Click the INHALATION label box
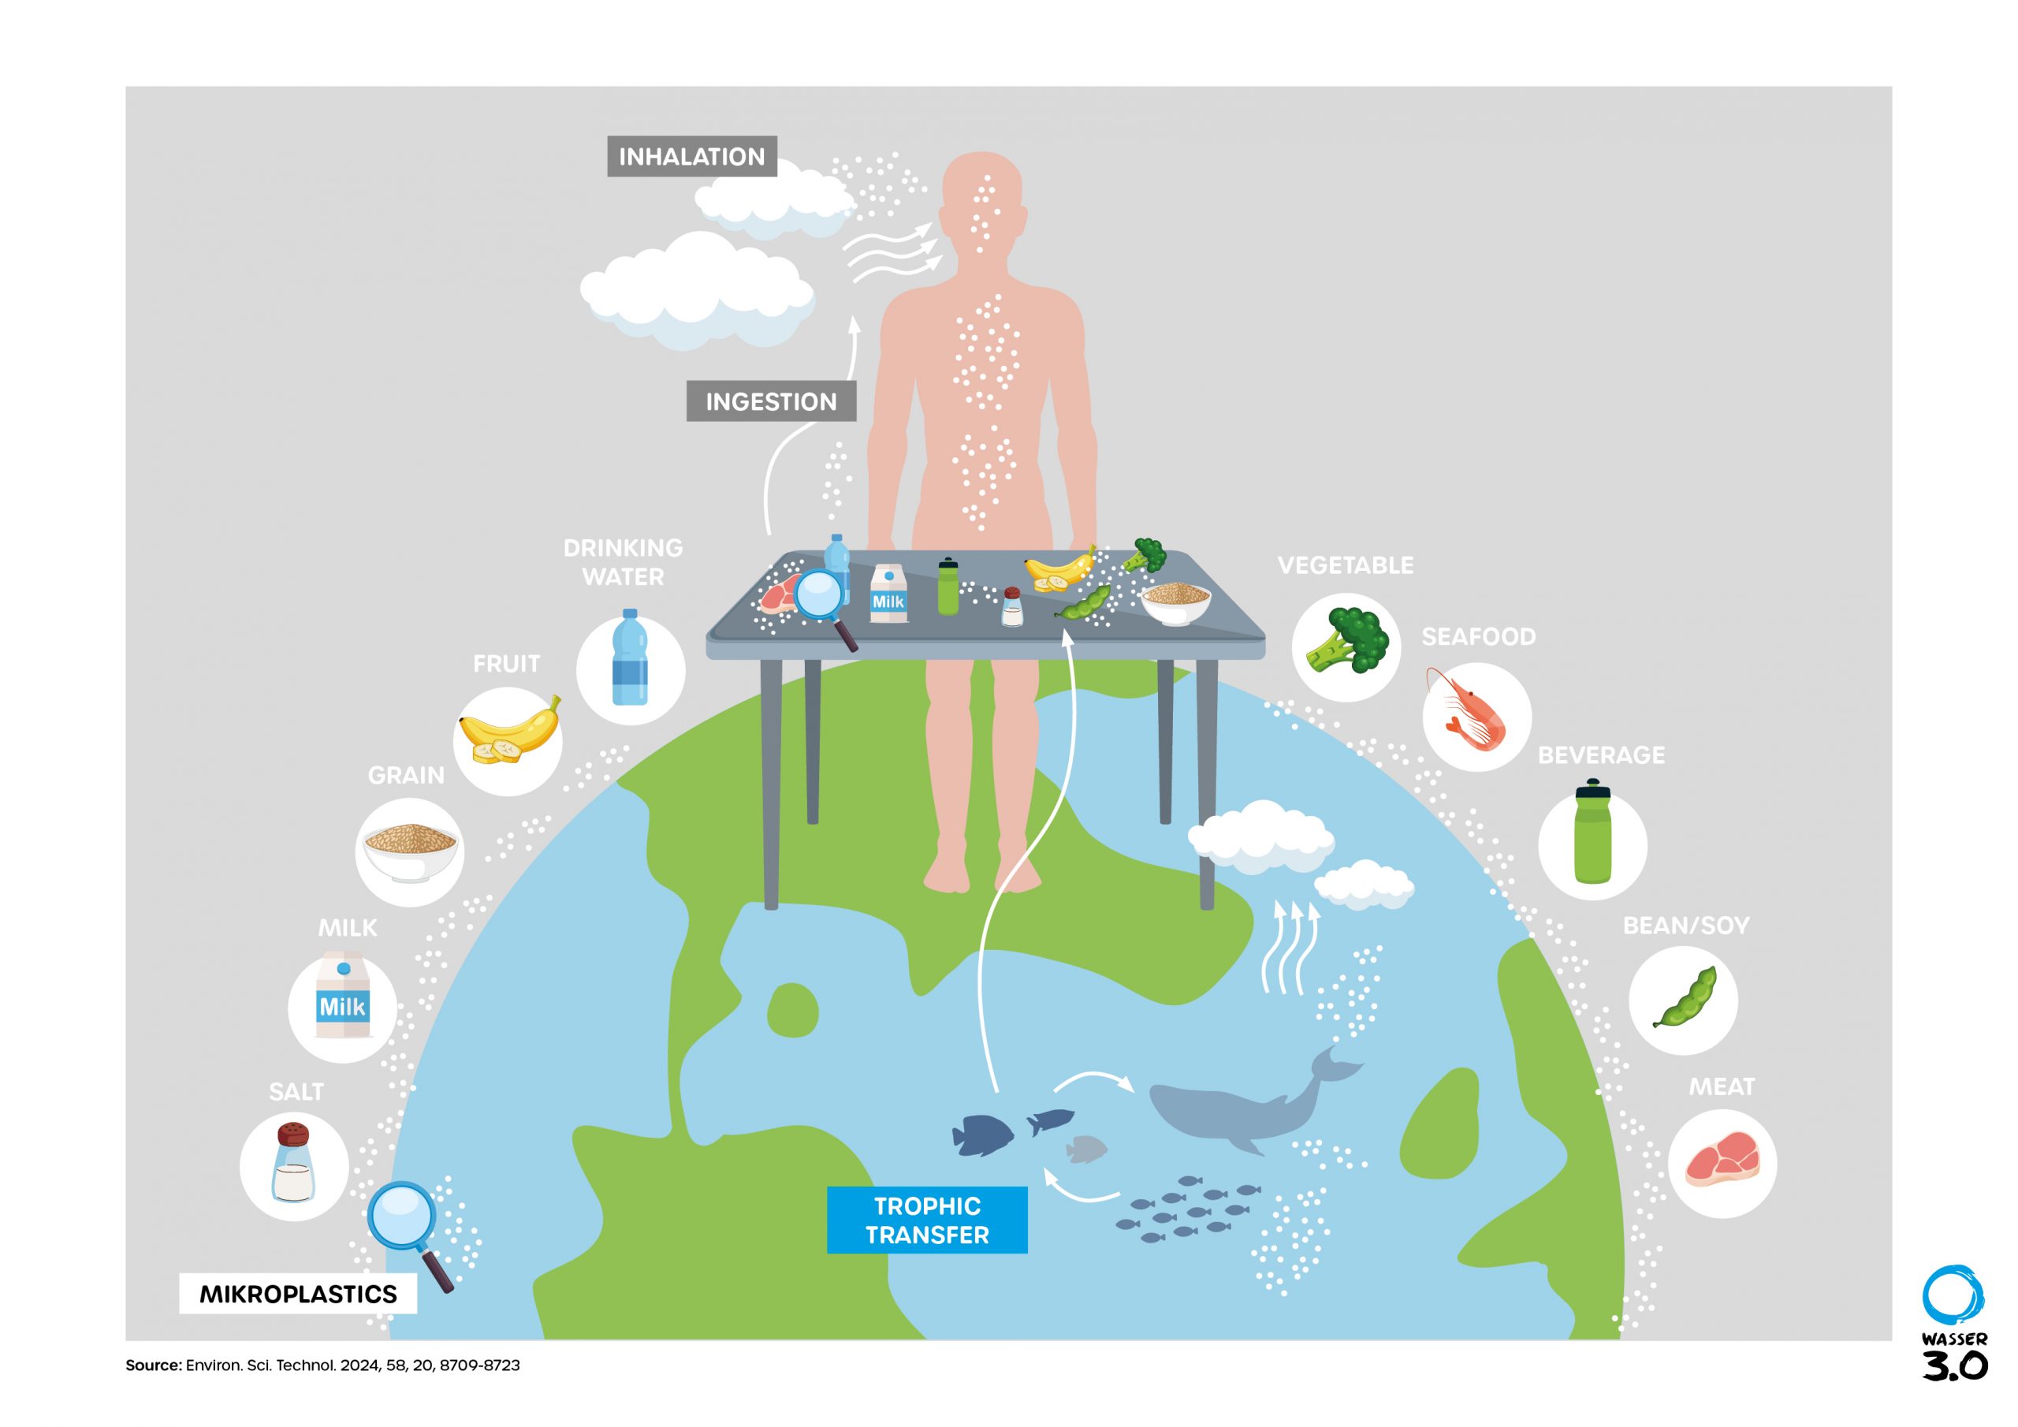(691, 157)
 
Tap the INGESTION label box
(771, 402)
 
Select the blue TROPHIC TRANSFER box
(926, 1220)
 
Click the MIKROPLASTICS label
(298, 1293)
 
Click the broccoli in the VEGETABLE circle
(1346, 641)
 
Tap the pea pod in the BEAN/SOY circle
(1685, 999)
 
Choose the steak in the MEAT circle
(1722, 1160)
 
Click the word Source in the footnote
(153, 1366)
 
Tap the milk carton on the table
(888, 594)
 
